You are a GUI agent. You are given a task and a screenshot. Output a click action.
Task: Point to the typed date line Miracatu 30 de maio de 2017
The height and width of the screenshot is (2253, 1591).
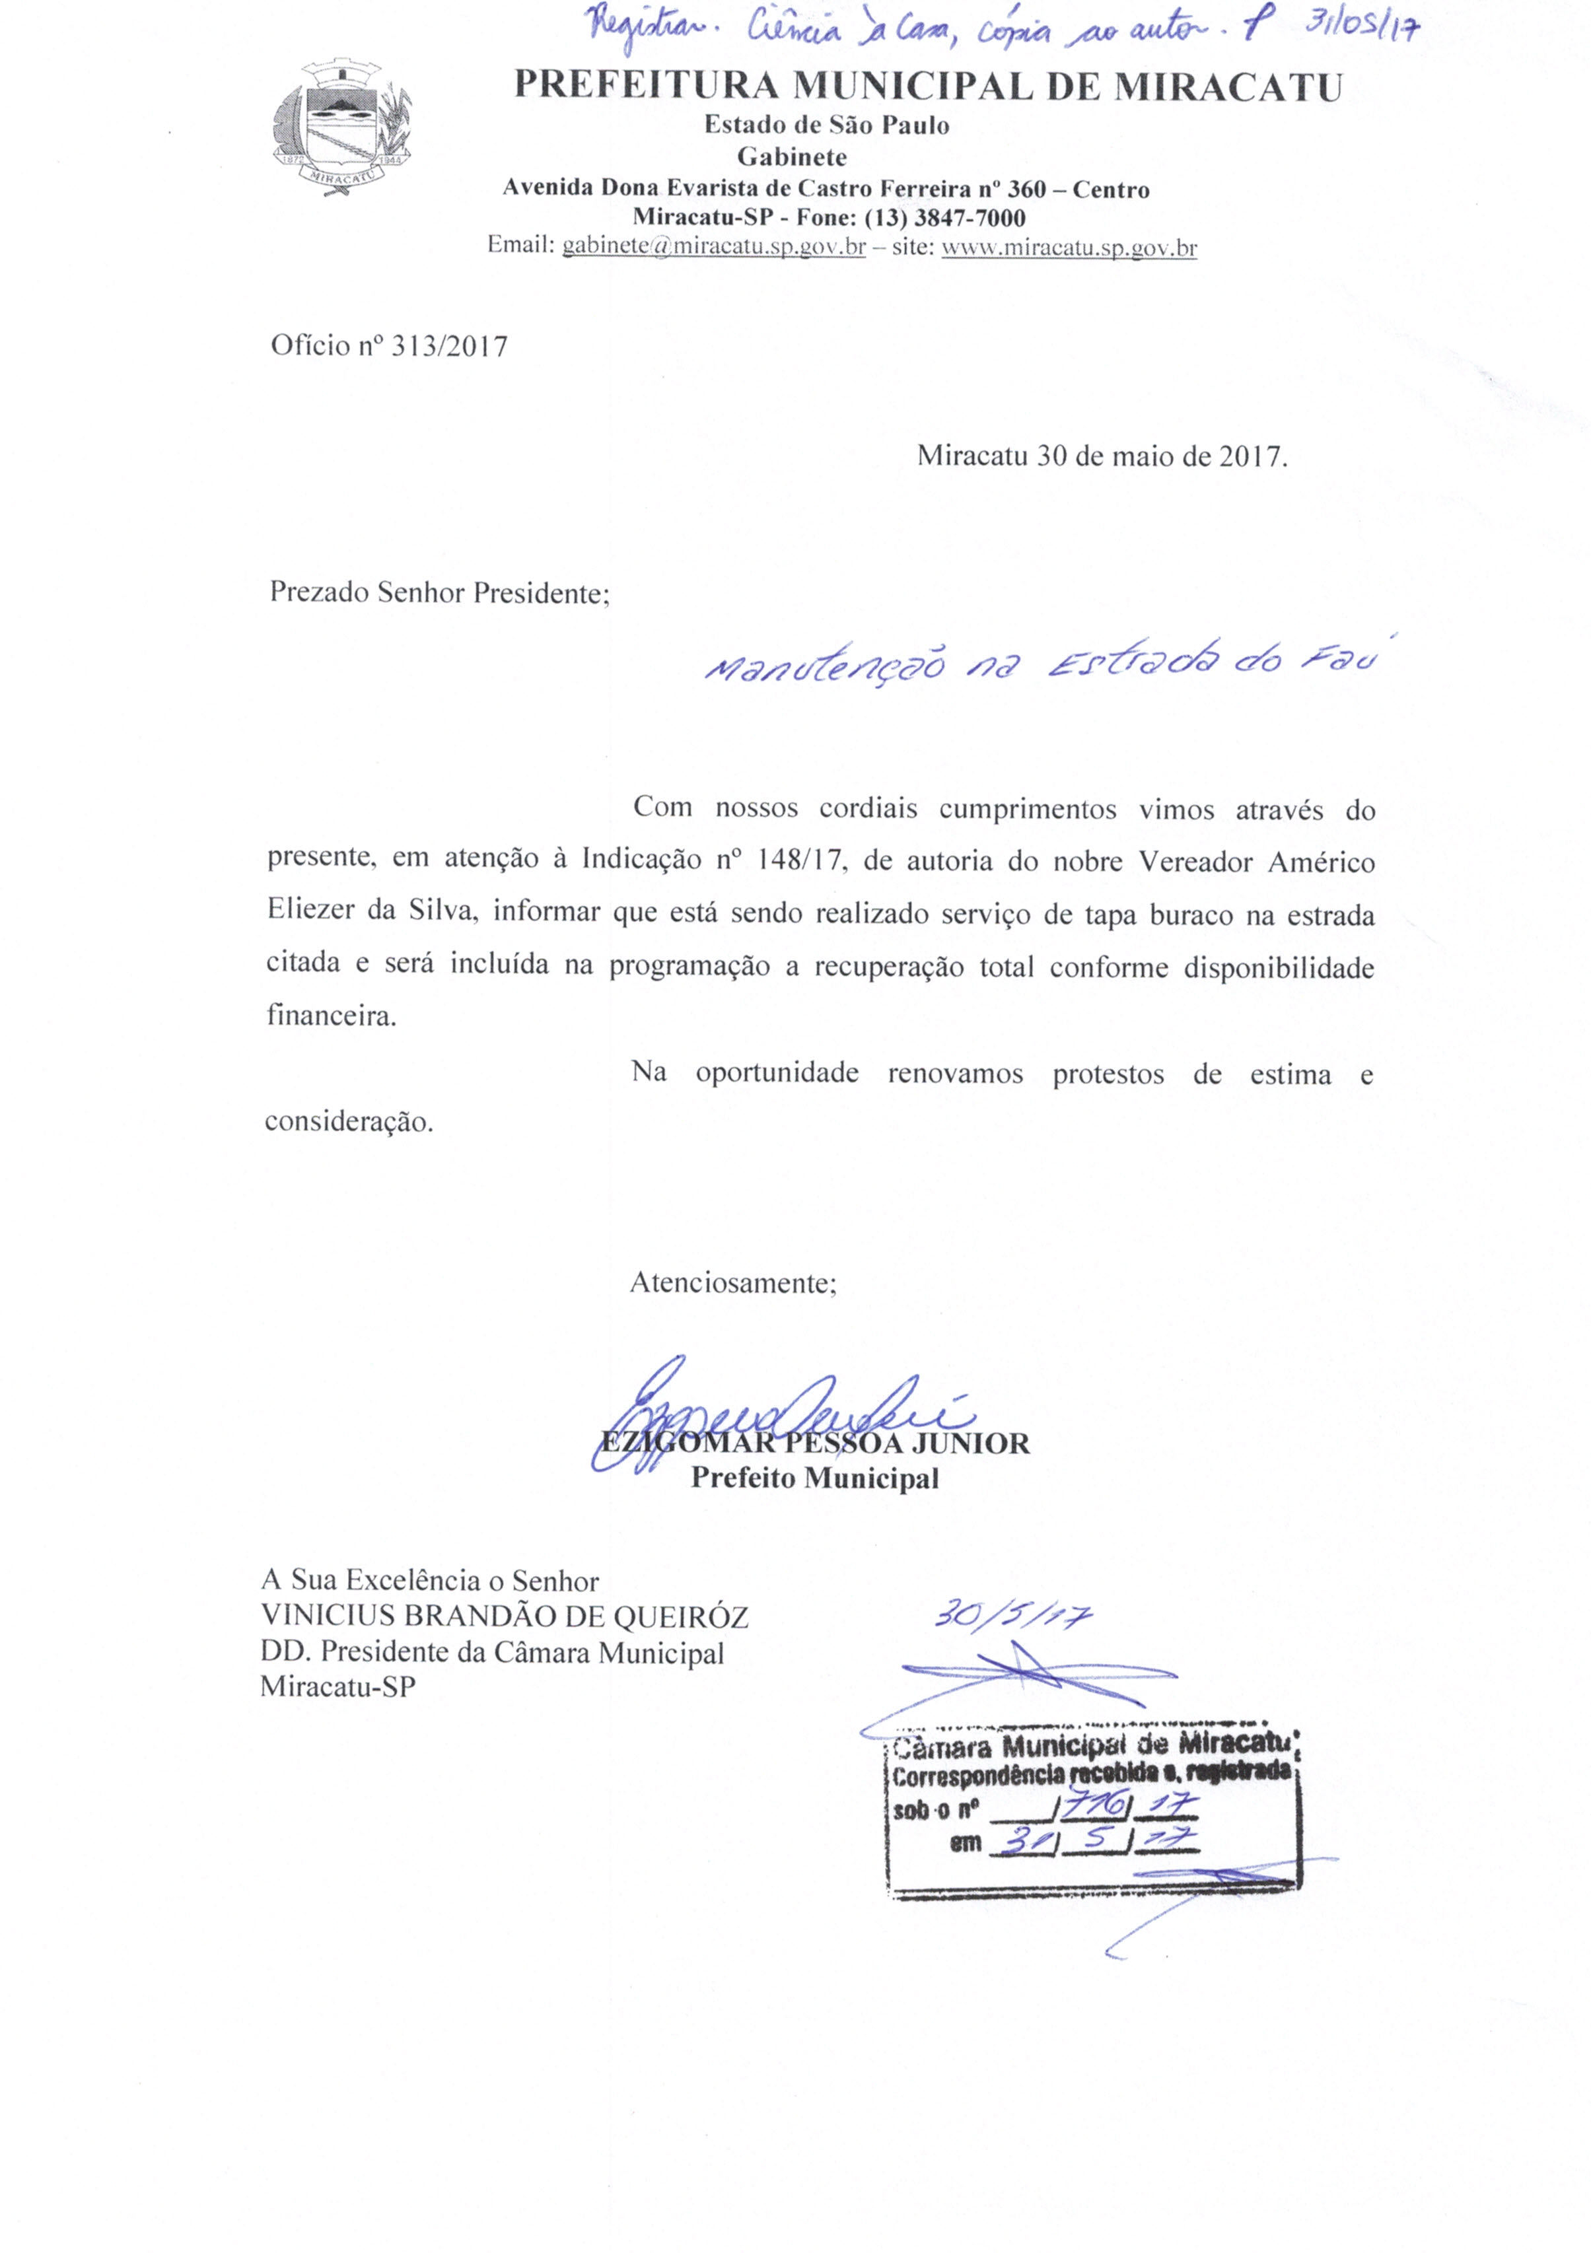click(1101, 456)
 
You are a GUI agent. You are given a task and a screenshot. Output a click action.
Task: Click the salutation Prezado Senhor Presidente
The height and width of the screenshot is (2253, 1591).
click(440, 594)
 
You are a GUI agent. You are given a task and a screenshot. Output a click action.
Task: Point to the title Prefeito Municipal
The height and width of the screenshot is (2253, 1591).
click(814, 1478)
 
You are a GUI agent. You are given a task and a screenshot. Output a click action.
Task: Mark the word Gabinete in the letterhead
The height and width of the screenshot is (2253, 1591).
click(791, 156)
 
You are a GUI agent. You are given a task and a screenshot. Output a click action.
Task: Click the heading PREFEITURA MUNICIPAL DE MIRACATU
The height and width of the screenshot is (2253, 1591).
click(927, 87)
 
